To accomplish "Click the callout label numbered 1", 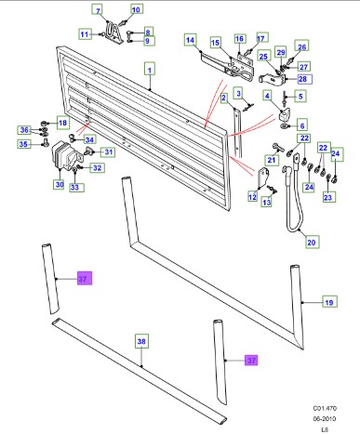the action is (x=150, y=70).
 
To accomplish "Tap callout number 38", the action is (x=141, y=341).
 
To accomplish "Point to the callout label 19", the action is (x=329, y=302).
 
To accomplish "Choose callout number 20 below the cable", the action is (x=311, y=242).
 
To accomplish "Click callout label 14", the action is (x=190, y=40).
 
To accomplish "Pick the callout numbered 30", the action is (x=60, y=185).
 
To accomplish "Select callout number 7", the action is (x=98, y=10).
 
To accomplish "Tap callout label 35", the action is (x=23, y=144).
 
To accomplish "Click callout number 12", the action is (x=252, y=197).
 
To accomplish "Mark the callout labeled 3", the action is (x=238, y=93).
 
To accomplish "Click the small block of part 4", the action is (x=286, y=115).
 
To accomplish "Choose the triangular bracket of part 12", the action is (x=263, y=177).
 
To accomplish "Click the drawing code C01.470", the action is (x=325, y=408).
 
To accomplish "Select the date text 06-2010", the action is (x=324, y=419).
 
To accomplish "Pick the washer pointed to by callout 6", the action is (x=284, y=126).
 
